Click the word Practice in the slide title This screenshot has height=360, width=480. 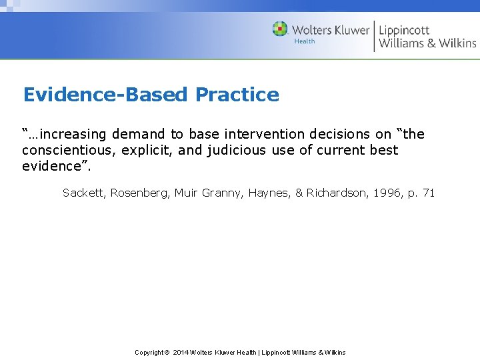tap(237, 95)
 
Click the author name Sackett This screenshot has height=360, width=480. tap(84, 193)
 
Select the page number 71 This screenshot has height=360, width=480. tap(429, 193)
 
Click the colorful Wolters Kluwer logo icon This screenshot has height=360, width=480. tap(280, 29)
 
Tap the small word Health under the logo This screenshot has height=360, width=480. tap(305, 41)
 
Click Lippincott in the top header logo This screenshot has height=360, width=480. tap(404, 30)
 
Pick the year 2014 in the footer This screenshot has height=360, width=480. tap(181, 352)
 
